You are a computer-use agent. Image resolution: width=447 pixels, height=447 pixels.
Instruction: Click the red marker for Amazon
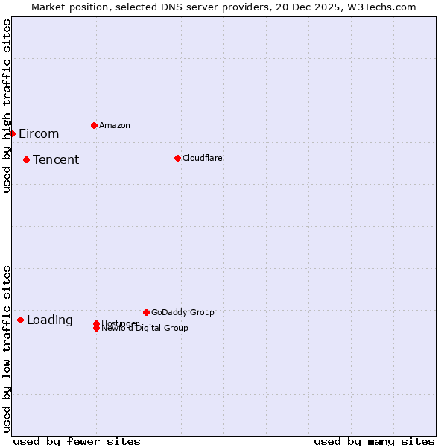click(x=94, y=125)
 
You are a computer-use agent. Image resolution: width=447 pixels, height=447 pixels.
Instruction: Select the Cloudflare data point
click(x=177, y=158)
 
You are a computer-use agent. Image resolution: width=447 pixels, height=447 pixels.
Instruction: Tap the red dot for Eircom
click(x=13, y=133)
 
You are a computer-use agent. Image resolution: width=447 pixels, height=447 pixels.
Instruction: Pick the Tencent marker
click(x=26, y=159)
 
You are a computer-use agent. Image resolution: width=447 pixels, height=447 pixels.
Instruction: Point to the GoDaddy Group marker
click(x=146, y=312)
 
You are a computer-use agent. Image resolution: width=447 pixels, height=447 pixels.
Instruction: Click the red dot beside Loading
click(x=20, y=320)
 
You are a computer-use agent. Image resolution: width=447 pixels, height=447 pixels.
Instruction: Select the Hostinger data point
click(x=96, y=323)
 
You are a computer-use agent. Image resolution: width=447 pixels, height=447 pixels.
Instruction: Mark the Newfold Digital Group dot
click(x=96, y=328)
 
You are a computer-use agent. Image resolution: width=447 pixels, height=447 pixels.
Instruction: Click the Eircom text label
click(x=39, y=134)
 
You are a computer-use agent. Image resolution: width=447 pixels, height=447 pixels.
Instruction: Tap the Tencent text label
click(x=56, y=160)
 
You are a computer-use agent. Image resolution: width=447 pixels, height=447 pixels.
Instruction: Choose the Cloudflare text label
click(x=203, y=158)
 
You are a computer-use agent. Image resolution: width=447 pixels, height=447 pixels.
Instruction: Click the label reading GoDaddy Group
click(x=183, y=312)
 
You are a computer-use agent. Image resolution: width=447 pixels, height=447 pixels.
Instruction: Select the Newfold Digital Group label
click(x=145, y=329)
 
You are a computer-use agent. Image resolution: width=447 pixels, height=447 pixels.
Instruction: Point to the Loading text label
click(x=50, y=320)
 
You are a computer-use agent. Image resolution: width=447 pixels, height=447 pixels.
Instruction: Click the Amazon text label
click(x=115, y=125)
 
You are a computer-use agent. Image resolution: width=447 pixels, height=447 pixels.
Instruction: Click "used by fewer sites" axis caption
click(x=77, y=441)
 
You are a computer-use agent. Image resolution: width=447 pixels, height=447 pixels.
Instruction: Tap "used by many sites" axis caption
click(x=374, y=441)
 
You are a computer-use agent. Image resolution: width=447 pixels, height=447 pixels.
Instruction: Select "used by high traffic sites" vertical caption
click(x=7, y=106)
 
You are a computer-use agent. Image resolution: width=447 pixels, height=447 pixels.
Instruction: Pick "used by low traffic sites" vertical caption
click(x=7, y=348)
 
